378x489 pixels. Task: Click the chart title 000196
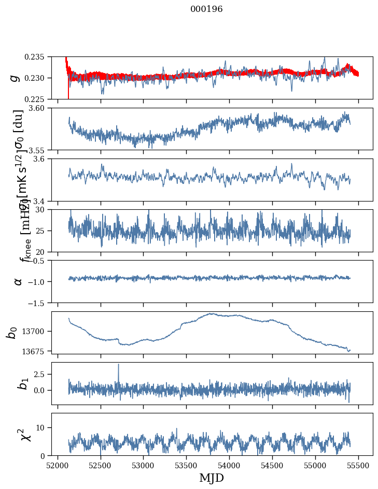(206, 9)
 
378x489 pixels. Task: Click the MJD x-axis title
(212, 478)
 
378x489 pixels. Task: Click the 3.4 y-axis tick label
(41, 201)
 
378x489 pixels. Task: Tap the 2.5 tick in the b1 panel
(41, 374)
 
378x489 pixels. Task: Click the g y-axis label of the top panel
(15, 78)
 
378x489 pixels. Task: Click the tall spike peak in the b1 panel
(118, 364)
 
